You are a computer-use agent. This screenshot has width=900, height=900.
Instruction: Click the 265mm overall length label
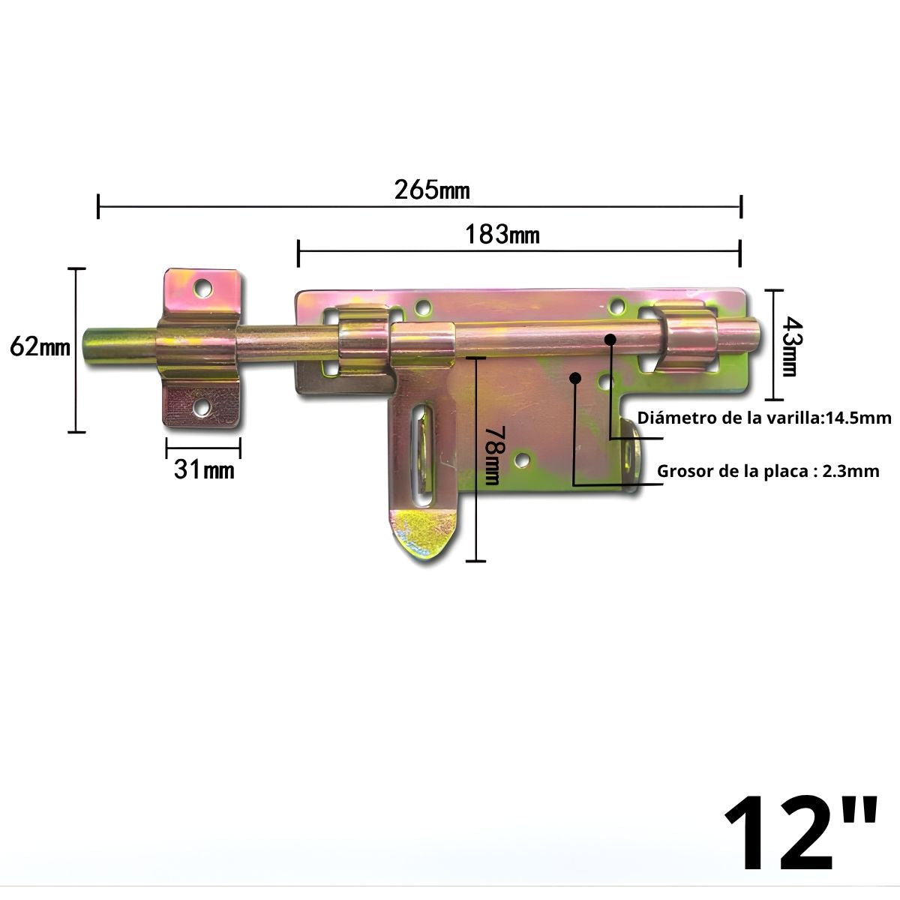432,190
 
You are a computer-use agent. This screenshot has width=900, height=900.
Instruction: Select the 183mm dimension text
502,235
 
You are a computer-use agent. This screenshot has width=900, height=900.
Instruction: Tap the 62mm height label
40,347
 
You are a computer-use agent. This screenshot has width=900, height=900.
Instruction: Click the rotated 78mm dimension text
492,456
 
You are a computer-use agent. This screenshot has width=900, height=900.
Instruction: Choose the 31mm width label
204,470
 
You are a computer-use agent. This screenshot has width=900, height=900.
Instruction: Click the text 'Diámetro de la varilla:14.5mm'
763,418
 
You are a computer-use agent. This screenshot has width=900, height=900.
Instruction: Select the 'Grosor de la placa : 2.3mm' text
767,471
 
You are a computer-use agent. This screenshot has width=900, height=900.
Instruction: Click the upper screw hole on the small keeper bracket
202,287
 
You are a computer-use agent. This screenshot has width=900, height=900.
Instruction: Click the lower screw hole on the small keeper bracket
201,407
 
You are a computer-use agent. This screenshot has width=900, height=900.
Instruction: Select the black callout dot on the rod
610,340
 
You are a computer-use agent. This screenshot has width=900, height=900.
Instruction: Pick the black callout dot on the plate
575,378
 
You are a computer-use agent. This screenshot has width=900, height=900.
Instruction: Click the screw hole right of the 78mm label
523,459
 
